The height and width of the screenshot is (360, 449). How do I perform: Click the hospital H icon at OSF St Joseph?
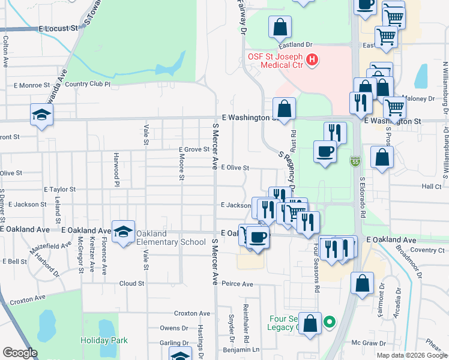(x=312, y=59)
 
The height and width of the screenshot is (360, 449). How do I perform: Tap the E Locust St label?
(x=59, y=28)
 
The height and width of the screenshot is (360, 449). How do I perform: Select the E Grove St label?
(x=193, y=149)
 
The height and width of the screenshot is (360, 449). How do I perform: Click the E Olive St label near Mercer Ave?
(x=235, y=168)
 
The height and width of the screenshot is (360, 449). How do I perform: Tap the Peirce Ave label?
(x=237, y=283)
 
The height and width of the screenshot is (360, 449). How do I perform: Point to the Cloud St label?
(x=132, y=283)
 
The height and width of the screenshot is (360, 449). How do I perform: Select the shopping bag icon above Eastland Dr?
(x=280, y=27)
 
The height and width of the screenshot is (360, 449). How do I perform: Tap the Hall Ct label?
(x=432, y=187)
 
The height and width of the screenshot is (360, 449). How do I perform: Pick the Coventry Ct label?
(x=427, y=250)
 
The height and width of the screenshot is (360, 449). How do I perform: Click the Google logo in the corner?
(x=20, y=353)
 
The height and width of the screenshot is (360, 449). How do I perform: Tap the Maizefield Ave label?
(x=53, y=245)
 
